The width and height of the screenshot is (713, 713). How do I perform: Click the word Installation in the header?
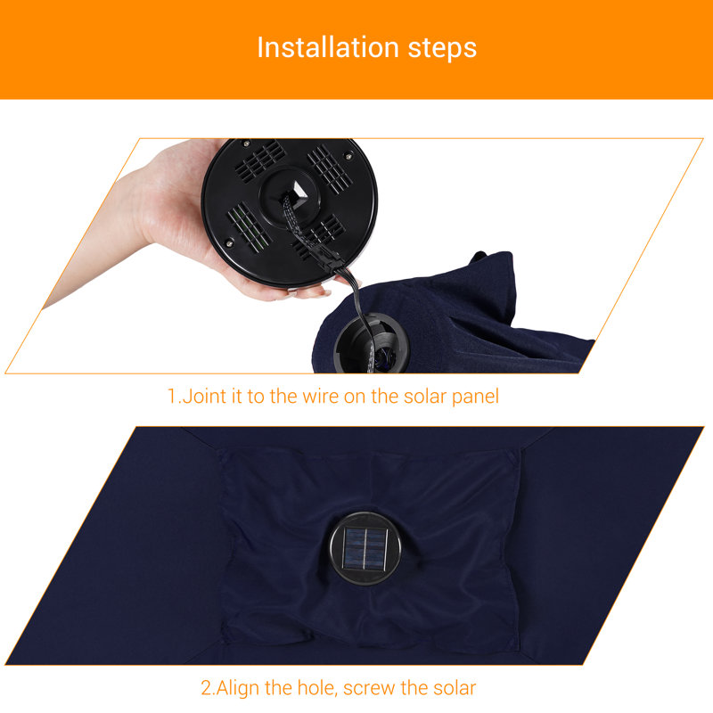tap(328, 47)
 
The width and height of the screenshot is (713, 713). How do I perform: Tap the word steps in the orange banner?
tap(442, 49)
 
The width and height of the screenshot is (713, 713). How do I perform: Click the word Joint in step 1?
tap(205, 396)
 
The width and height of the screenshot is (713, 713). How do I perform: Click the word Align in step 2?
tap(238, 688)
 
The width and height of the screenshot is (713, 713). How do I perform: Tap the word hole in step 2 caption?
tap(317, 688)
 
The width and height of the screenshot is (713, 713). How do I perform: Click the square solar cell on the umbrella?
tap(365, 548)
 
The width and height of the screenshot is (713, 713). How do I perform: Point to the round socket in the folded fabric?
tap(371, 343)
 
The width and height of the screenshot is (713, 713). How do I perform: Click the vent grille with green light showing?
tap(250, 227)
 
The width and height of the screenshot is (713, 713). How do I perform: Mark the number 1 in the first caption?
tap(172, 396)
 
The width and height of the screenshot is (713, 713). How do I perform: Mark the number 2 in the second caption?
tap(207, 688)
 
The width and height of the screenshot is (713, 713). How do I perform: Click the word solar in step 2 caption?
tap(455, 688)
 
